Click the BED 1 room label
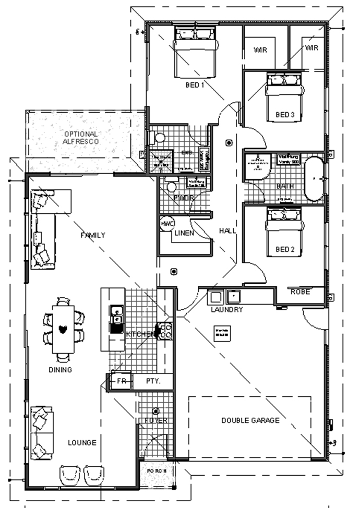(x=195, y=84)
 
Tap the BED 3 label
(x=285, y=114)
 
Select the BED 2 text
(x=285, y=250)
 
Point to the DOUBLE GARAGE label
(x=250, y=420)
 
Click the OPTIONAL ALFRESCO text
(x=81, y=137)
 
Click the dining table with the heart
(x=63, y=330)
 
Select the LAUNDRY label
(x=226, y=309)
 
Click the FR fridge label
(x=122, y=381)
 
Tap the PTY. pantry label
(x=152, y=381)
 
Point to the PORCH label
(x=156, y=470)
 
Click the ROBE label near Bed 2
(x=300, y=292)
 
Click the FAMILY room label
(x=93, y=235)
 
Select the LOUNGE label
(x=82, y=443)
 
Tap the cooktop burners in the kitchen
(x=165, y=330)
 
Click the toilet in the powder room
(x=170, y=186)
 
